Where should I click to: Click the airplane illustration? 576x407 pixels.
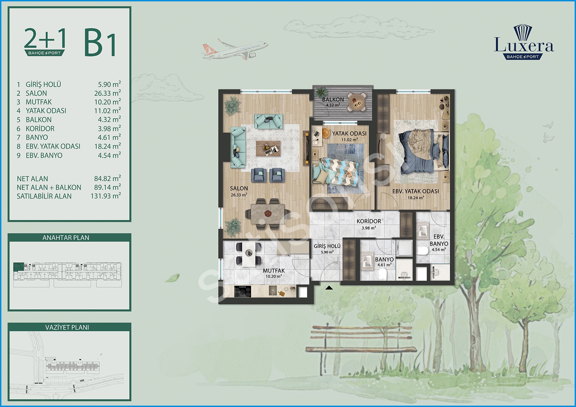[235, 50]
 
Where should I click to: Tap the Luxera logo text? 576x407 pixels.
[524, 45]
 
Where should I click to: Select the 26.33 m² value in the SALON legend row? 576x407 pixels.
[107, 93]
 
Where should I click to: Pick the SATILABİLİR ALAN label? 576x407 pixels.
[44, 196]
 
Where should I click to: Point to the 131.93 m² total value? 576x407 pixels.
[106, 196]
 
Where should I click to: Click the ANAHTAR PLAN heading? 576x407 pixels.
[66, 238]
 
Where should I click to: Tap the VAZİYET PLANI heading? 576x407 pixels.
[67, 328]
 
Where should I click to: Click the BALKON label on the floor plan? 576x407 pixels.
[333, 99]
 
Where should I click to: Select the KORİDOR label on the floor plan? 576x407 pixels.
[369, 221]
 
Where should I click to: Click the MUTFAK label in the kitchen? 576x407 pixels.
[274, 271]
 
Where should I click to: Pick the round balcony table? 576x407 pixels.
[357, 102]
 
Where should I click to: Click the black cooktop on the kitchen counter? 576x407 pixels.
[242, 292]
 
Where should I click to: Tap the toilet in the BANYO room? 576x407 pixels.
[383, 274]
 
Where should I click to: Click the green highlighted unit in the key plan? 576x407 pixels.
[19, 267]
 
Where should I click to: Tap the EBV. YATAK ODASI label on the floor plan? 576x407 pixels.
[416, 191]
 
